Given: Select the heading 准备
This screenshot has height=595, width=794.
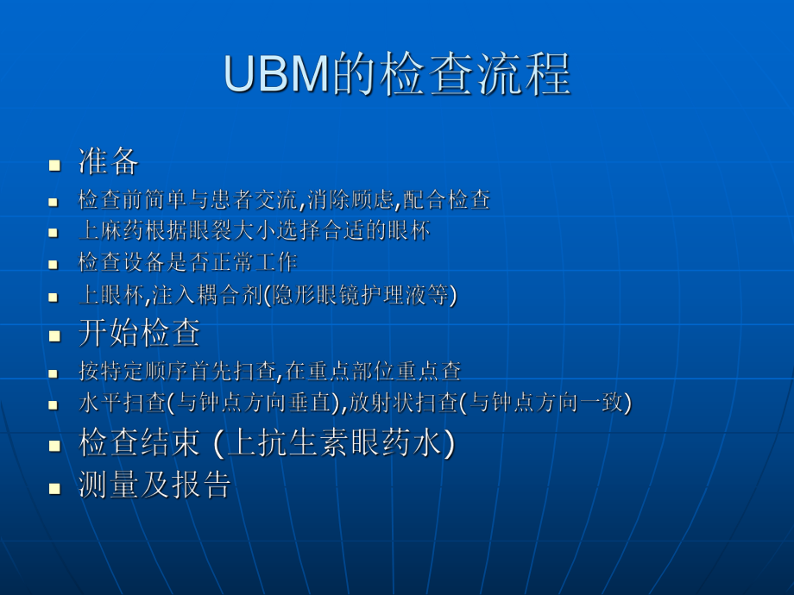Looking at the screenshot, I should [x=109, y=161].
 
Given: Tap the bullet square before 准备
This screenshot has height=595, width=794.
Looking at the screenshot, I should [x=54, y=164].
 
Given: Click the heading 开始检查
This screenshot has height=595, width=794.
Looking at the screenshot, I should [x=139, y=332].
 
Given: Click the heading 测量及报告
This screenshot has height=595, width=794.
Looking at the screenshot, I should [x=154, y=485].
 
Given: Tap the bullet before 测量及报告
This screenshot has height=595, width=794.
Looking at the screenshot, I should [x=54, y=487].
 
